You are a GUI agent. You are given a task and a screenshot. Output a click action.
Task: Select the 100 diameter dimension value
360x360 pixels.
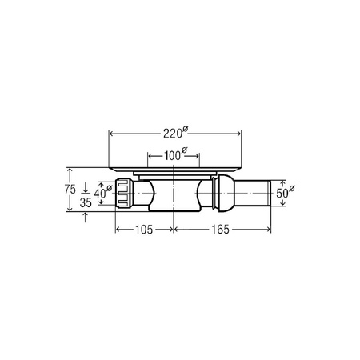point(175,154)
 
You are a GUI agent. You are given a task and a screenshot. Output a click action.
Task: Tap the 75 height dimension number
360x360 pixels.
point(70,190)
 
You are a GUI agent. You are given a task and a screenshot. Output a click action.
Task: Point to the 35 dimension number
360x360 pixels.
point(86,202)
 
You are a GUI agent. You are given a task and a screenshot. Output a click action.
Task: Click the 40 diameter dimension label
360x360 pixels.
point(102,193)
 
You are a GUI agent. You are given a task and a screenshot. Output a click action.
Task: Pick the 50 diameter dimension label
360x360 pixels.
point(285,193)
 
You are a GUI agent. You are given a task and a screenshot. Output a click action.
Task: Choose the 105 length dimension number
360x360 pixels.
point(144,230)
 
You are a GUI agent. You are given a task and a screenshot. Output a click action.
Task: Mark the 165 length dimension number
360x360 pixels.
point(221,230)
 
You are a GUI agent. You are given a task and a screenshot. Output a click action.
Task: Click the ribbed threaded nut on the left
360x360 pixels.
point(124,194)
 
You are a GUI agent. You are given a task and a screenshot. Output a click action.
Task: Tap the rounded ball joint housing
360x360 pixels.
point(226,194)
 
